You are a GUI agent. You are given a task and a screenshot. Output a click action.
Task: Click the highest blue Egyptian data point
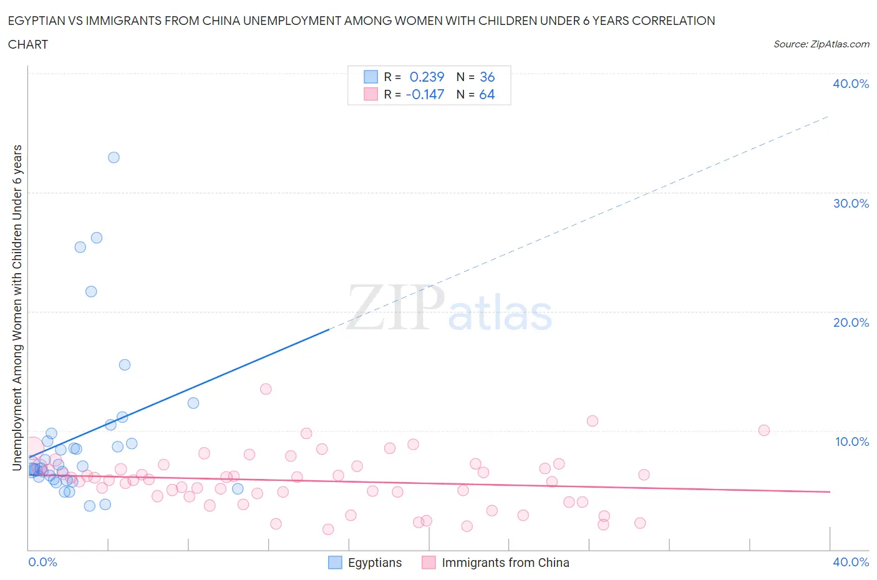[114, 157]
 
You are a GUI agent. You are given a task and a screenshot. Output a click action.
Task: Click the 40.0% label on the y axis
[850, 84]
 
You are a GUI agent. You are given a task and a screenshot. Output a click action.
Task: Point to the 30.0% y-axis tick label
[850, 203]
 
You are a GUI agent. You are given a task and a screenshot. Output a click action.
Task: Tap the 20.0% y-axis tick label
[850, 322]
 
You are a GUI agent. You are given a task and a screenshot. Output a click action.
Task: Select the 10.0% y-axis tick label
[851, 442]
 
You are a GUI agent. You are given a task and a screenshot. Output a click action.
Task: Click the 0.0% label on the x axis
[42, 562]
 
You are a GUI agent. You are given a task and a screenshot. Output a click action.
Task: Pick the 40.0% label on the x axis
[850, 562]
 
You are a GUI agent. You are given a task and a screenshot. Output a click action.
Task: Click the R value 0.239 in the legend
[427, 77]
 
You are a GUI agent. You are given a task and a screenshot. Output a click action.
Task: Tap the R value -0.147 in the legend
[425, 94]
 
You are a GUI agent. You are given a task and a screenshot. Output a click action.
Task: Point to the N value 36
[487, 77]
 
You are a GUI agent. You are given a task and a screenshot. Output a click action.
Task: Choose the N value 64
[487, 94]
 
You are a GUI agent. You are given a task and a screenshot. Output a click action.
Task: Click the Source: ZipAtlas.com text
[821, 44]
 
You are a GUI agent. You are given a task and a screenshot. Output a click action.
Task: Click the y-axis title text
[17, 307]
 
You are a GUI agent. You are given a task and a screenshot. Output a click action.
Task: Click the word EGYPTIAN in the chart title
[39, 21]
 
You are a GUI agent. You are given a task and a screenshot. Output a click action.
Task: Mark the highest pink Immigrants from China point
[266, 389]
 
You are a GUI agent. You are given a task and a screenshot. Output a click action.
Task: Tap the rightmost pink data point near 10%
[764, 430]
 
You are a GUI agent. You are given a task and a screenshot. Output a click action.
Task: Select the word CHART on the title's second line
[28, 44]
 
